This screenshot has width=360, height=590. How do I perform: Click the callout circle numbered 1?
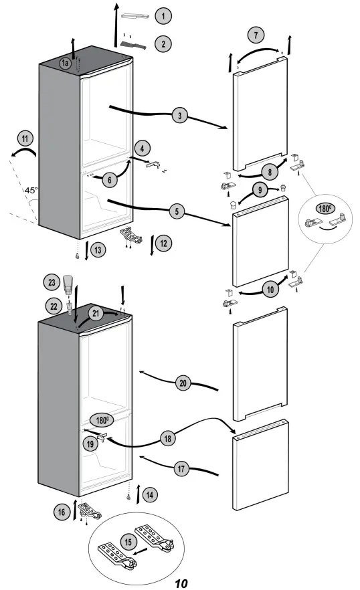tap(162, 15)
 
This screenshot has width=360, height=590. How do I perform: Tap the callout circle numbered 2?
tap(162, 44)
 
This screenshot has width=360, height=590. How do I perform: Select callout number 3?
tap(179, 116)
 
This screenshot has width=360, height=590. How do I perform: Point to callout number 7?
tap(254, 34)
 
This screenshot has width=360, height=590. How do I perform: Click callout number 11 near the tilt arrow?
tap(25, 140)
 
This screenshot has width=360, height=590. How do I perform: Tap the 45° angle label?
tap(31, 191)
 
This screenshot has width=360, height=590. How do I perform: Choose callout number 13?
tap(98, 250)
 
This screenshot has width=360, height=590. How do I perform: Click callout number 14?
tap(151, 495)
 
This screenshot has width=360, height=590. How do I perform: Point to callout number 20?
tap(183, 383)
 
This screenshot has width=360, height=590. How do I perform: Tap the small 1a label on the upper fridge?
tap(65, 62)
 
